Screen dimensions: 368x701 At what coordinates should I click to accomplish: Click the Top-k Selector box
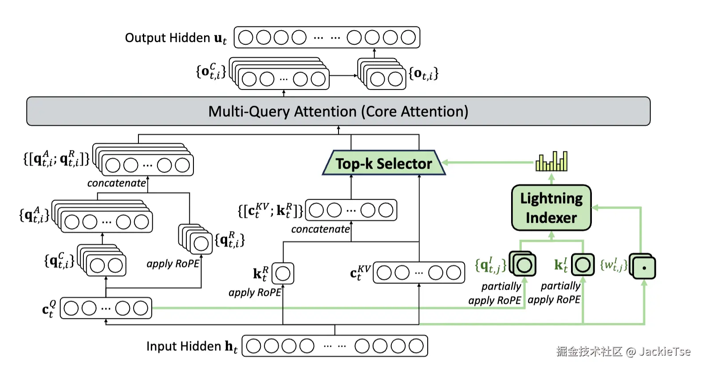383,163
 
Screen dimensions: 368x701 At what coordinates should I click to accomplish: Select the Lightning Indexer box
551,208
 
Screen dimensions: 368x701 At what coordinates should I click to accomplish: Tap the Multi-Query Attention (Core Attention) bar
338,111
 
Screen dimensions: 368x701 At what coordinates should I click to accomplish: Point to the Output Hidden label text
167,38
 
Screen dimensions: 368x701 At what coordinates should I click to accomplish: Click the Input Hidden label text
184,346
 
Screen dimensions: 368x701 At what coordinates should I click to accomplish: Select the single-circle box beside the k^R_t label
283,274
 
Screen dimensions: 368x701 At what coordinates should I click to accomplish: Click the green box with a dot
644,268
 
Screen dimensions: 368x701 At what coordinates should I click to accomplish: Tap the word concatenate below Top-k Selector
320,229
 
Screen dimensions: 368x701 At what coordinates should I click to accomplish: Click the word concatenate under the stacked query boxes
117,183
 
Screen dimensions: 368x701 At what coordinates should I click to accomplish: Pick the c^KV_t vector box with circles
419,273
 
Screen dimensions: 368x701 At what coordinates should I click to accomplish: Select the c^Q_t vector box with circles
106,308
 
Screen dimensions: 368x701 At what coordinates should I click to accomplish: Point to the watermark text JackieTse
664,352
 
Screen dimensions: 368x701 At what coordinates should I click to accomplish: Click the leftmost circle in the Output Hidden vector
245,38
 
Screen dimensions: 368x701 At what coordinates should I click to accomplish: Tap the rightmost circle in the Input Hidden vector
416,346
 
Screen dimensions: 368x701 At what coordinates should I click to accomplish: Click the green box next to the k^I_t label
583,265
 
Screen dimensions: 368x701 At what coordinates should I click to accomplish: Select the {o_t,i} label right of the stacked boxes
423,74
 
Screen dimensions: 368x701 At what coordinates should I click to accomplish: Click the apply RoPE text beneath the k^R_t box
255,293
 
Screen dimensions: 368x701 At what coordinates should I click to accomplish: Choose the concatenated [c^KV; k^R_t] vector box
351,210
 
